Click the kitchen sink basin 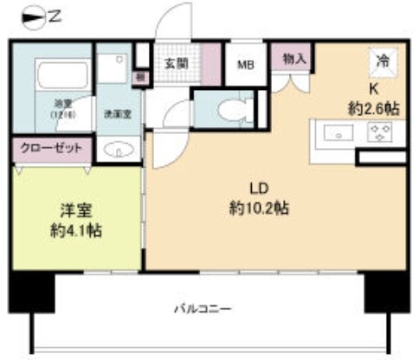(337, 132)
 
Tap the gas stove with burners (378, 132)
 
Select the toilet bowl (227, 109)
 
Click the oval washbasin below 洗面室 (114, 148)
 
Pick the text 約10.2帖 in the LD (260, 208)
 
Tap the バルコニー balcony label (202, 306)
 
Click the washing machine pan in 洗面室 (111, 69)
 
